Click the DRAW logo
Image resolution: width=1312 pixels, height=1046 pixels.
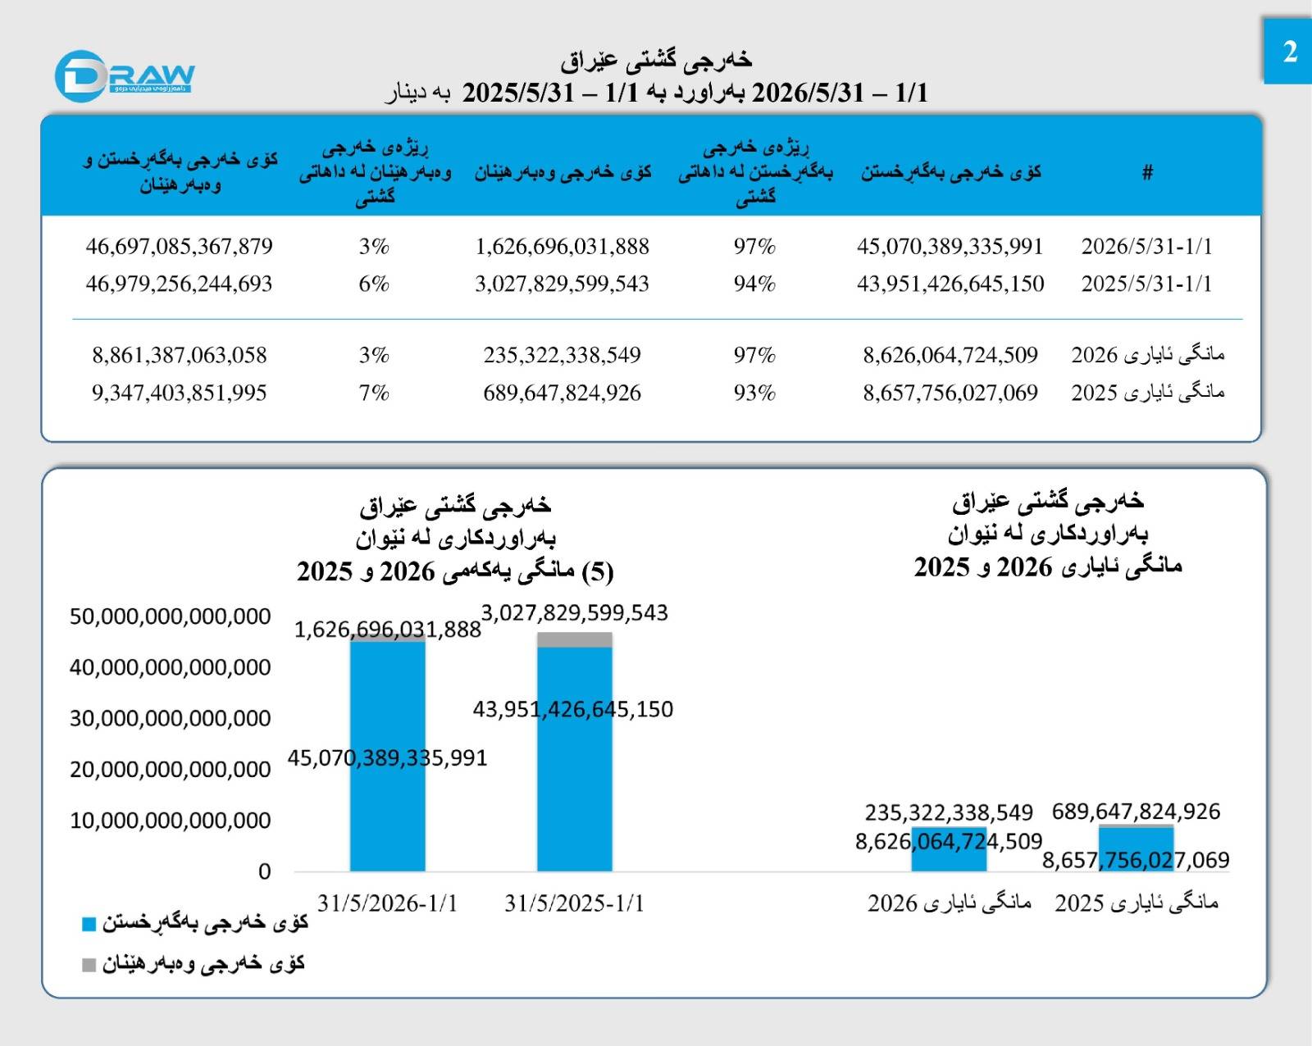(x=125, y=76)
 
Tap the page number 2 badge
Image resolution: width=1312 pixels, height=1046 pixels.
(x=1287, y=51)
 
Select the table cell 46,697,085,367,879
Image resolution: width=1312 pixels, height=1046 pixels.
(x=180, y=246)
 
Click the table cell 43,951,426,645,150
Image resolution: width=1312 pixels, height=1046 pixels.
(x=950, y=284)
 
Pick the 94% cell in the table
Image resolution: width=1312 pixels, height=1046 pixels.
(x=754, y=284)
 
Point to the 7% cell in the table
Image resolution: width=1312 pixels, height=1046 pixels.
(x=374, y=393)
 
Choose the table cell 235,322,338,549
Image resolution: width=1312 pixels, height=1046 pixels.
(x=563, y=355)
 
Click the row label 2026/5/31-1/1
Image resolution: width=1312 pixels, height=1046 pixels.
(x=1147, y=246)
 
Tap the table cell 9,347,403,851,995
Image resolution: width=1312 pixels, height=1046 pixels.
(x=180, y=393)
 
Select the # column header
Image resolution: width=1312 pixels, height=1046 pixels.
(x=1147, y=172)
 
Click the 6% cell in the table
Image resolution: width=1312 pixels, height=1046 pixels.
(x=374, y=284)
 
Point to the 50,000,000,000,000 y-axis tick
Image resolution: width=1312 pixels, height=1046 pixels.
(x=170, y=616)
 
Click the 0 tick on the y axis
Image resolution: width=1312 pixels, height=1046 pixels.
(x=264, y=871)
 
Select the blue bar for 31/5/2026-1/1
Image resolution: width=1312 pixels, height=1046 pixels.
(x=388, y=757)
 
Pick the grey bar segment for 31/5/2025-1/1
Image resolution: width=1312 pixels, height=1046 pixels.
(x=574, y=639)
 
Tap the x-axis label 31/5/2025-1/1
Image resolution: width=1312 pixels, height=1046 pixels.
(x=574, y=903)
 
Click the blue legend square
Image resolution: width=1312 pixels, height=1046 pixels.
(x=89, y=924)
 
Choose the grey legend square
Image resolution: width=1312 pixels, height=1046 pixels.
(x=89, y=966)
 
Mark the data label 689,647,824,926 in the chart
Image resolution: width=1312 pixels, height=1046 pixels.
(x=1136, y=812)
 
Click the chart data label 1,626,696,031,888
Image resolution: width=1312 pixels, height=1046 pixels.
(x=388, y=629)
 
